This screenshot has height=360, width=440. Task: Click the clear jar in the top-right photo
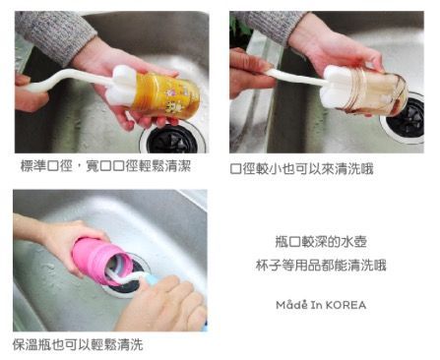(x=376, y=92)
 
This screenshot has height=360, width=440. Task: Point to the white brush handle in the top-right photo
(x=290, y=76)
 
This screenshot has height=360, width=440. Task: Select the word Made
(x=289, y=305)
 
